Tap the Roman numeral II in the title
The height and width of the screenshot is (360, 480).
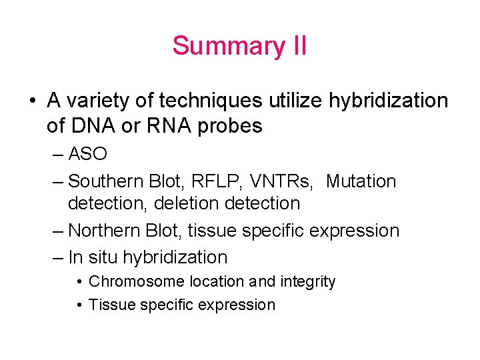[x=298, y=46]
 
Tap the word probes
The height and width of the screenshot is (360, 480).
[x=231, y=125]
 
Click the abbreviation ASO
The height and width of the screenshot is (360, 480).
[x=87, y=154]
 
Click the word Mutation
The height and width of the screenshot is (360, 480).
[x=361, y=181]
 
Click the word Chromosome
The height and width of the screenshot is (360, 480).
[x=137, y=282]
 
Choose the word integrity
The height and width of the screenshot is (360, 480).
[x=307, y=282]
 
